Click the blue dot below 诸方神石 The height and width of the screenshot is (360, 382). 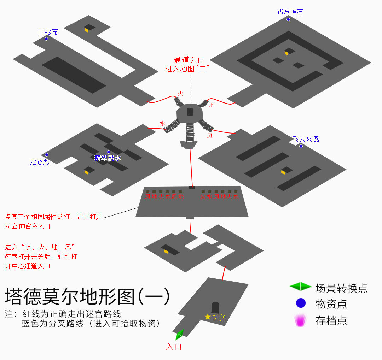[x=288, y=19]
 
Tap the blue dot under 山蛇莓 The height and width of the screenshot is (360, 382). [x=46, y=39]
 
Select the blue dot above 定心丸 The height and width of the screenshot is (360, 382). [x=46, y=155]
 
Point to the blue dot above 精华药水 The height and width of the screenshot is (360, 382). [x=108, y=152]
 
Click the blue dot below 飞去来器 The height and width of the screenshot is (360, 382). [x=301, y=146]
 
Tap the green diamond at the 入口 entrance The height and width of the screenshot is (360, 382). [x=180, y=334]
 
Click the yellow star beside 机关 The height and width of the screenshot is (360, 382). [x=208, y=317]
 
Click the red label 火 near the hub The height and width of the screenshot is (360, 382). [x=181, y=94]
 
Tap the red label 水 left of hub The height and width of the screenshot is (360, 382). [x=162, y=124]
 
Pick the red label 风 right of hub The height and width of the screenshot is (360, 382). [x=210, y=136]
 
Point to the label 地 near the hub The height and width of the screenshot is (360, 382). [x=212, y=105]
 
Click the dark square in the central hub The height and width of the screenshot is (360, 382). [x=190, y=112]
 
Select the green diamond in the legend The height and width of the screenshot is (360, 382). [x=300, y=287]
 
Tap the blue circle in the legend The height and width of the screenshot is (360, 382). [x=300, y=303]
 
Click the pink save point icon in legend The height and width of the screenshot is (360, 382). [x=300, y=320]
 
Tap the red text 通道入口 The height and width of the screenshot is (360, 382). [x=189, y=60]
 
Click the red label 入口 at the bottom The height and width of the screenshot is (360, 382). [x=174, y=347]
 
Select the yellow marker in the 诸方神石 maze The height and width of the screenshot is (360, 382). [x=286, y=53]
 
